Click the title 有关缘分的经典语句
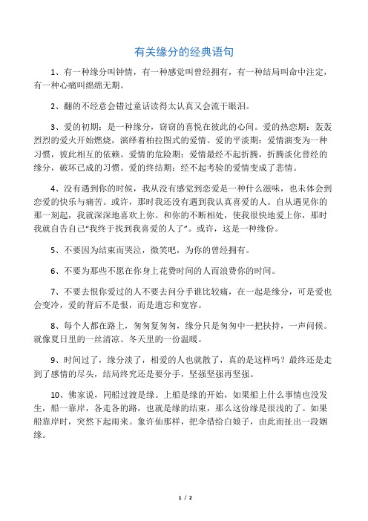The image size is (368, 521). point(184,52)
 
